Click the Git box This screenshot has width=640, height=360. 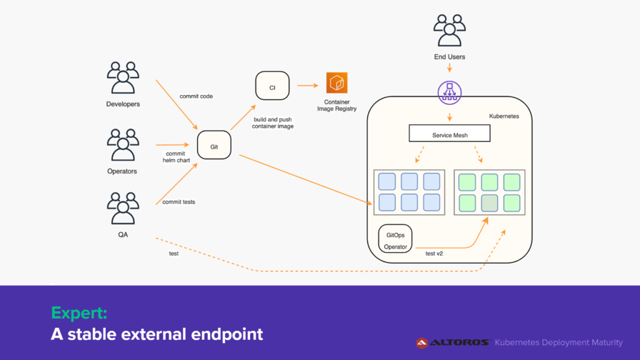(214, 145)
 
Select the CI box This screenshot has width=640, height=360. (272, 86)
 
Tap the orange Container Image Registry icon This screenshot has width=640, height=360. (337, 83)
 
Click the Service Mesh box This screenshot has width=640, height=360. (449, 134)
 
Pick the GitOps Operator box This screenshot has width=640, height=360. (395, 239)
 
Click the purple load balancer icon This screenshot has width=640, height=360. (449, 92)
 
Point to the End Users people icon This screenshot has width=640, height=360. (449, 30)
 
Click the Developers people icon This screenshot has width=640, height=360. (123, 77)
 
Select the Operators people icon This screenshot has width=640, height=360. (123, 144)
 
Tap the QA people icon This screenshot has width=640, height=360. (123, 208)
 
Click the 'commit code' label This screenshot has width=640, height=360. (196, 96)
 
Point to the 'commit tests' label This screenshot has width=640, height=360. (179, 202)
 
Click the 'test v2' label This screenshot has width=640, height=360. (434, 254)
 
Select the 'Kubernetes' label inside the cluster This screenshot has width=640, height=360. (504, 116)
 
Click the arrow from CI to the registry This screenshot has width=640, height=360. (307, 86)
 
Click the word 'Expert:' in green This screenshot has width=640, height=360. (79, 313)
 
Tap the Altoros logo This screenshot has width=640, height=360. (452, 343)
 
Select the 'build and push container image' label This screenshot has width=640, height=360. (272, 123)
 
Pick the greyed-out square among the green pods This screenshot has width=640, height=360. (489, 203)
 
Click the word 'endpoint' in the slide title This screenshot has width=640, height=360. (227, 335)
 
